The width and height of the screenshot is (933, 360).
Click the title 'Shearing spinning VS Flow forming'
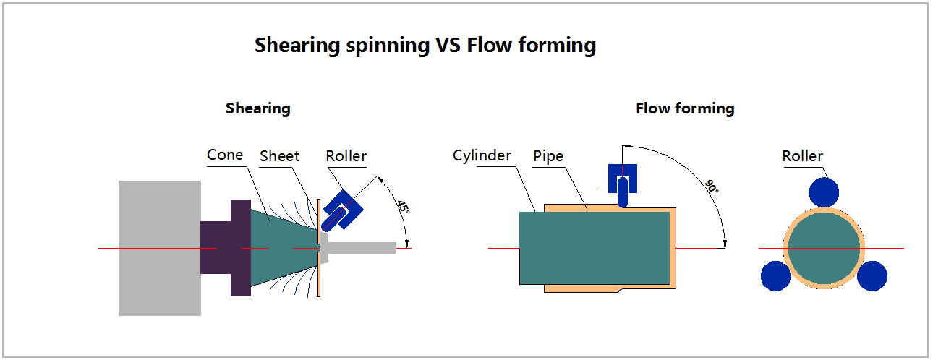425,46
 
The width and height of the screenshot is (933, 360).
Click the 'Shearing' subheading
257,108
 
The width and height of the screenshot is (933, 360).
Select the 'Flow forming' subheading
684,108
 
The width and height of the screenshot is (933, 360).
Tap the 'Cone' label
225,155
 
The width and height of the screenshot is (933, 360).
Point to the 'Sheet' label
279,155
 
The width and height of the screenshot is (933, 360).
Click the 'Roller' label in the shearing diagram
346,156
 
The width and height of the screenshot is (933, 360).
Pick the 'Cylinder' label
482,155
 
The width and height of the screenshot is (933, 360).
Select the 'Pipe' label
548,156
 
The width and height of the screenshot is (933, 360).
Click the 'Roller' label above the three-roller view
802,156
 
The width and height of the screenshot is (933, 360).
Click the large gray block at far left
159,248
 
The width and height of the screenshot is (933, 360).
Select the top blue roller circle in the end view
824,192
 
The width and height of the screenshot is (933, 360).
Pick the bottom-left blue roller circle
775,276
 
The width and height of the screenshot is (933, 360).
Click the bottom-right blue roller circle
872,276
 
